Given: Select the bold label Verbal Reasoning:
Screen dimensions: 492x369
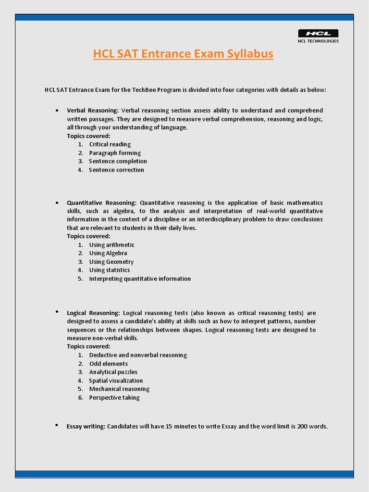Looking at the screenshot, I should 93,111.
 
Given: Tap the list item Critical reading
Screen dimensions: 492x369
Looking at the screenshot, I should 110,144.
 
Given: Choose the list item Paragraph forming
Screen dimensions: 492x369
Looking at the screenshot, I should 115,153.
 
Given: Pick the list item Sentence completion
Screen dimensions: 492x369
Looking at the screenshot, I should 118,161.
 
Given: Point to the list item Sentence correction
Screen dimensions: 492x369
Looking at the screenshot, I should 117,170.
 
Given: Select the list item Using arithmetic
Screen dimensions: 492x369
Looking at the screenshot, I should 112,245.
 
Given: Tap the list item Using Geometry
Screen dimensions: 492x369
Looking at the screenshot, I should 111,262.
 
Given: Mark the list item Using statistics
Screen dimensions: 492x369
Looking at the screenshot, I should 110,270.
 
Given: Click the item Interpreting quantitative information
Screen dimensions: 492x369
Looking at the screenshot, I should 140,279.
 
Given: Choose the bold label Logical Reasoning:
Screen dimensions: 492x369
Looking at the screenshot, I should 93,313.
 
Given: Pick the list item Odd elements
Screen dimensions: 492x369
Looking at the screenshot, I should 109,364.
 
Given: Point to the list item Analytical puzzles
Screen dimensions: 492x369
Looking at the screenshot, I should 113,372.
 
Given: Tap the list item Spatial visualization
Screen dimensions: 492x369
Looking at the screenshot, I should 116,381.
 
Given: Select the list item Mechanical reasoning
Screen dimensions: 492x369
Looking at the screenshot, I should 119,389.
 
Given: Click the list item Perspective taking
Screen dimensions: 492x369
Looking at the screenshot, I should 114,398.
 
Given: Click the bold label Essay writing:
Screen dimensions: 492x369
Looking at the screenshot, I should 86,426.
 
